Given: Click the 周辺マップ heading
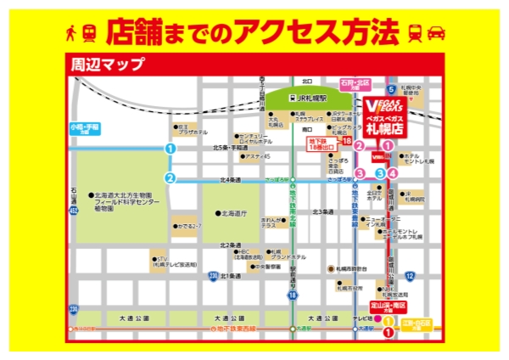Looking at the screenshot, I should (108, 63).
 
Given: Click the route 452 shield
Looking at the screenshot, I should (75, 209).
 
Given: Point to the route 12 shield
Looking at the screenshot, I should (409, 276).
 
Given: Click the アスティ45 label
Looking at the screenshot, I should (255, 156).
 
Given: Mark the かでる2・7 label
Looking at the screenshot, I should (187, 227).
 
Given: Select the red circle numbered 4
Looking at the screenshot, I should (393, 173).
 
